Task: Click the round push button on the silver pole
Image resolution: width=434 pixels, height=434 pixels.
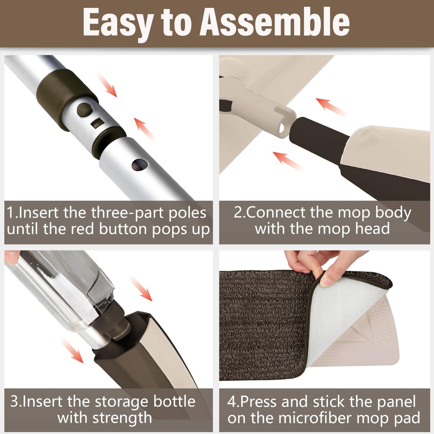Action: pyautogui.click(x=85, y=110)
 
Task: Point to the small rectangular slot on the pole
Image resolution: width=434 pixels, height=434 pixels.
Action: pyautogui.click(x=97, y=123)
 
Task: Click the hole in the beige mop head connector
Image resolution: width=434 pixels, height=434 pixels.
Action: pyautogui.click(x=282, y=128)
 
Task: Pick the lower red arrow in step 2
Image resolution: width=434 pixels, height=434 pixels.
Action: pyautogui.click(x=287, y=161)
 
